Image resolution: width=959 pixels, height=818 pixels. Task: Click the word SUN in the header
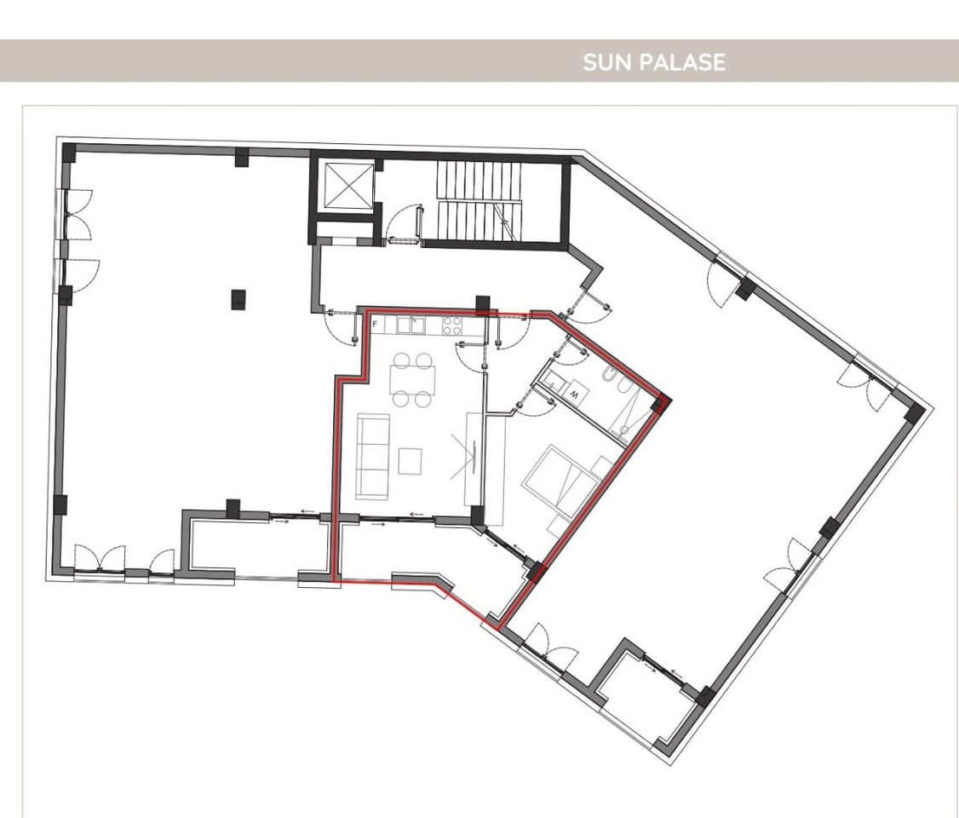click(602, 62)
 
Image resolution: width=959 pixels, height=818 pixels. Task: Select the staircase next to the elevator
click(479, 201)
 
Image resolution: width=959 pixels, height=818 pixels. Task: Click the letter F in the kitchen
click(375, 325)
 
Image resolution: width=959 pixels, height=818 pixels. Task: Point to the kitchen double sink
click(410, 325)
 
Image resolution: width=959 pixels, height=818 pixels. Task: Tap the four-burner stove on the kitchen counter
click(451, 325)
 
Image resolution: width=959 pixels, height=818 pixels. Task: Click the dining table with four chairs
click(413, 378)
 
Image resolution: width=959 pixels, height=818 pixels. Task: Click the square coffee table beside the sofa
click(410, 461)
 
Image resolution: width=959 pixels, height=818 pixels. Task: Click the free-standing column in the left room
click(239, 299)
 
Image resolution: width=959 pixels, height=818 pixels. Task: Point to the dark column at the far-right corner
click(914, 415)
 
